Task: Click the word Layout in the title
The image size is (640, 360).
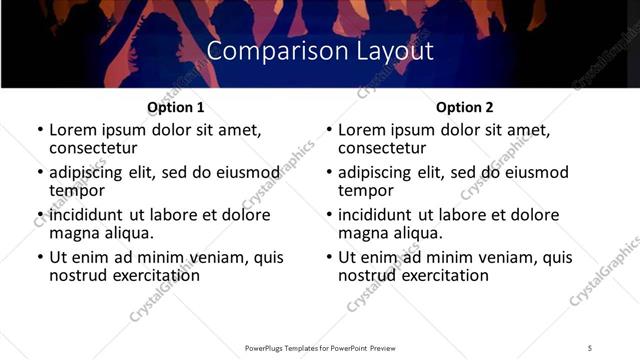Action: (391, 50)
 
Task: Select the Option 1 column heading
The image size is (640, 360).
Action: (175, 107)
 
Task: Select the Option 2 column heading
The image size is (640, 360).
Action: (465, 107)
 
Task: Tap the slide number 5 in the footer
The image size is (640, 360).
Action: (590, 347)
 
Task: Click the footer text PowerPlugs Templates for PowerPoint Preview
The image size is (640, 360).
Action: (319, 347)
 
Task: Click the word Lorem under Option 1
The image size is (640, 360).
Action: (71, 130)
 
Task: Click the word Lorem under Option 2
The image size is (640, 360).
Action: (360, 130)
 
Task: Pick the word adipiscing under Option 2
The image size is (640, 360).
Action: (378, 172)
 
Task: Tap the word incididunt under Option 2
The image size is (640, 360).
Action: (380, 215)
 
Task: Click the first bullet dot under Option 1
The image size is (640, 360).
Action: (40, 131)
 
